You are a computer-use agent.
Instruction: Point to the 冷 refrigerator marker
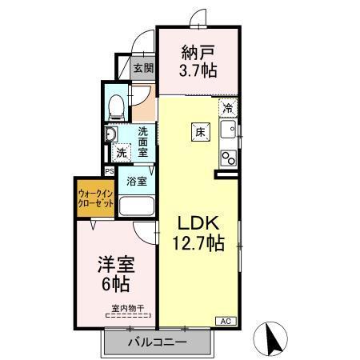(x=229, y=107)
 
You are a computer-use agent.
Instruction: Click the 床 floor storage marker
(x=198, y=133)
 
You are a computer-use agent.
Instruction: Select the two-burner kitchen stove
(x=228, y=156)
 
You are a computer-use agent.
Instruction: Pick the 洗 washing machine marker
(x=121, y=152)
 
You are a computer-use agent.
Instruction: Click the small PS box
(x=110, y=170)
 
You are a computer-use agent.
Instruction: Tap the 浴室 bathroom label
(x=137, y=180)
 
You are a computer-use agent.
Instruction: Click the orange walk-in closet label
(x=94, y=197)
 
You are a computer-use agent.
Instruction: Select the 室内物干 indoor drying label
(x=127, y=307)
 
